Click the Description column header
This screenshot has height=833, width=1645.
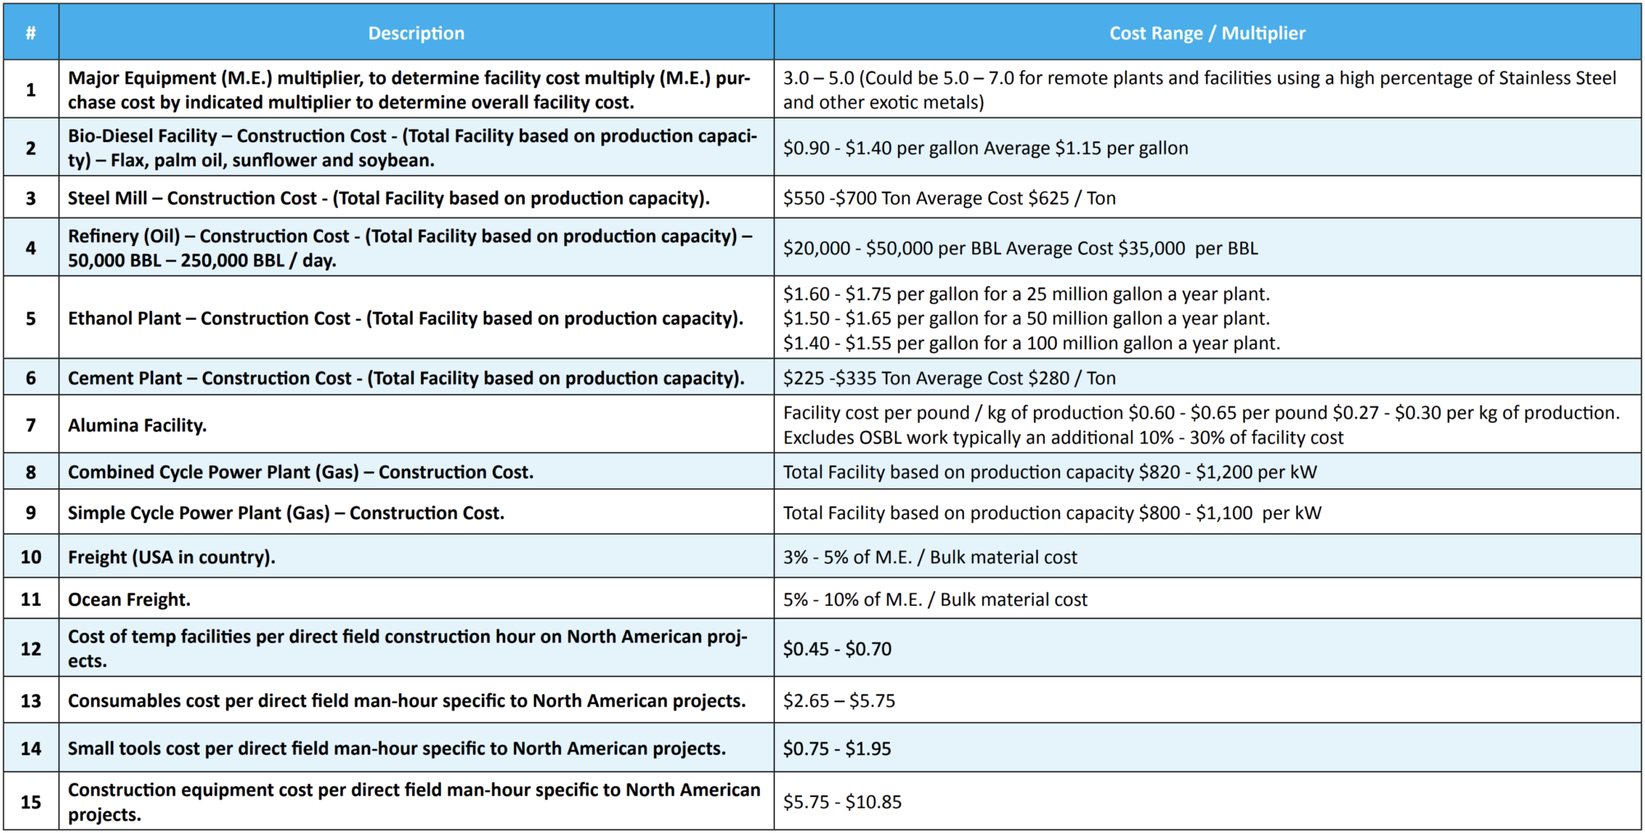(415, 33)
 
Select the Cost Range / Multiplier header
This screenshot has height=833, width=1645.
(1207, 33)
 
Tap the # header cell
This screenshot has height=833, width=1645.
(30, 33)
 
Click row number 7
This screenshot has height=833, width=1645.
(30, 425)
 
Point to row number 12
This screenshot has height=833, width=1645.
(30, 649)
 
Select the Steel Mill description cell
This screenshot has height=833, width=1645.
(388, 198)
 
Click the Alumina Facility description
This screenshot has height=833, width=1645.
(137, 425)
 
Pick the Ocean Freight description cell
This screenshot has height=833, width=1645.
(129, 599)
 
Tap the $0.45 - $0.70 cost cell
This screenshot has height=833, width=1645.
(836, 649)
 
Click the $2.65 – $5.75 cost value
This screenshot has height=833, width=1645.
(838, 701)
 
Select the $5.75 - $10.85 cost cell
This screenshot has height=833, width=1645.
(841, 802)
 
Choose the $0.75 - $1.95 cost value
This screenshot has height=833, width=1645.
(836, 748)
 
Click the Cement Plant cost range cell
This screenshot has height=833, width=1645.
(948, 378)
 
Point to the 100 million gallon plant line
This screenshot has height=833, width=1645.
(1031, 343)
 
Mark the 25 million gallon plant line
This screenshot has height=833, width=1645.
(1026, 294)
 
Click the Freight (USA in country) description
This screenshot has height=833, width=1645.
(171, 557)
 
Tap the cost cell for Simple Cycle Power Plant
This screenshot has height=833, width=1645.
(1051, 513)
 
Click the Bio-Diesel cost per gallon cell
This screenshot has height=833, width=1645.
(985, 148)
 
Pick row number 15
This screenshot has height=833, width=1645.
(30, 802)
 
